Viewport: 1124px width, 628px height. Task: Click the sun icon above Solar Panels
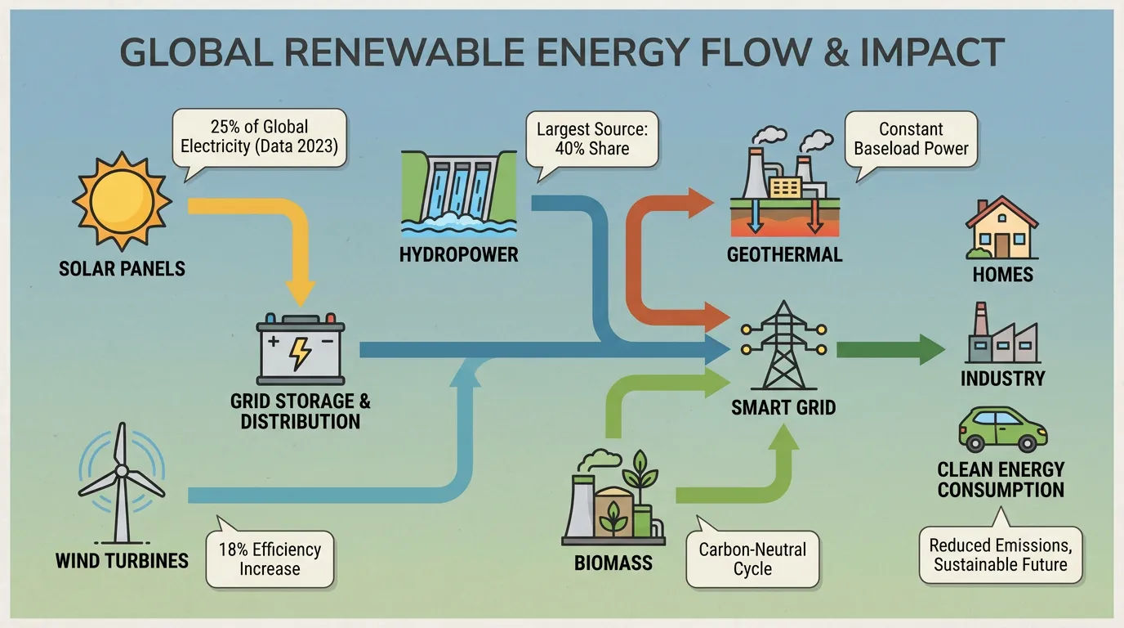click(122, 201)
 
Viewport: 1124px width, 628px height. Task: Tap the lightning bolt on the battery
click(300, 354)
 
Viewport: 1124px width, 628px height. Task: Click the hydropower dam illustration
click(458, 194)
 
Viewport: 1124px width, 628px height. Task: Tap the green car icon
click(1002, 429)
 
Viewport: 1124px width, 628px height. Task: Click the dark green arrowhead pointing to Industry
click(932, 350)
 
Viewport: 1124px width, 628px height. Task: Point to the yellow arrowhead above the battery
click(300, 294)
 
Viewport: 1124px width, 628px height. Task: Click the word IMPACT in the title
click(932, 52)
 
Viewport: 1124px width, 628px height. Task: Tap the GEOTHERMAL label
click(784, 255)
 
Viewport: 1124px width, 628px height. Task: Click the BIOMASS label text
click(613, 563)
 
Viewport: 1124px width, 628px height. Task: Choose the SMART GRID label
click(783, 407)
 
